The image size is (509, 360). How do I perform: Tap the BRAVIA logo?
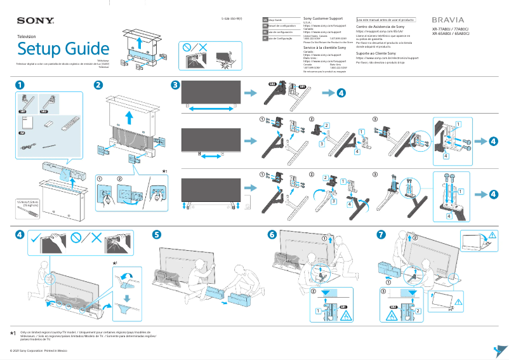(447, 20)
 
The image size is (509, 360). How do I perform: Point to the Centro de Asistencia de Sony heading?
(380, 27)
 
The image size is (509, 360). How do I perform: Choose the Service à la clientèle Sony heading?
(325, 48)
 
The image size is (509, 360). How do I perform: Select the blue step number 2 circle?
(98, 85)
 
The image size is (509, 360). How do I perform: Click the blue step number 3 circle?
(175, 85)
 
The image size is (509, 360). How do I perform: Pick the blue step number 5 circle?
(157, 234)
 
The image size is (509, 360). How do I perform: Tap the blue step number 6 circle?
(272, 234)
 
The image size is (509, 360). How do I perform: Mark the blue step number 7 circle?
(381, 234)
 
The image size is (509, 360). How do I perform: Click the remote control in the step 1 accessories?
(67, 123)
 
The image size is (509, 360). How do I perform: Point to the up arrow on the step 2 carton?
(129, 118)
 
